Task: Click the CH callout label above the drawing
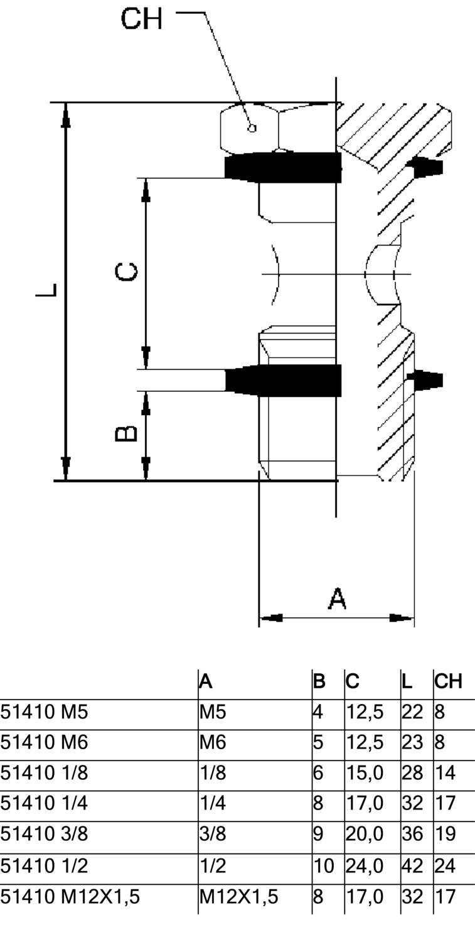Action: [141, 19]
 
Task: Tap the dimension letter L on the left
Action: [46, 291]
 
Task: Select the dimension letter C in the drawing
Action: [127, 273]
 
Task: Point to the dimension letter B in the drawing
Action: [127, 433]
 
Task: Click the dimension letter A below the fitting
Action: [337, 598]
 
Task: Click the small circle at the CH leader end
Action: [252, 128]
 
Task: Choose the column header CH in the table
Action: [448, 681]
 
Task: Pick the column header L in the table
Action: [407, 681]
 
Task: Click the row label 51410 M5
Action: [44, 712]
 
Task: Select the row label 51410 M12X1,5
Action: [70, 897]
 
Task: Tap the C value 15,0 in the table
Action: [365, 773]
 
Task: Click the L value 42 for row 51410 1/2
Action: [412, 866]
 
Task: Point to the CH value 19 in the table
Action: [445, 835]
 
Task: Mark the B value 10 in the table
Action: [324, 866]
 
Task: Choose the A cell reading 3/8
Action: [213, 835]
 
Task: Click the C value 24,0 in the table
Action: [365, 866]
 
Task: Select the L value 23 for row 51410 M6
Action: [412, 743]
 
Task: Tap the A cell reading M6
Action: [213, 743]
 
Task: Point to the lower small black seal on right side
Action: [426, 380]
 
